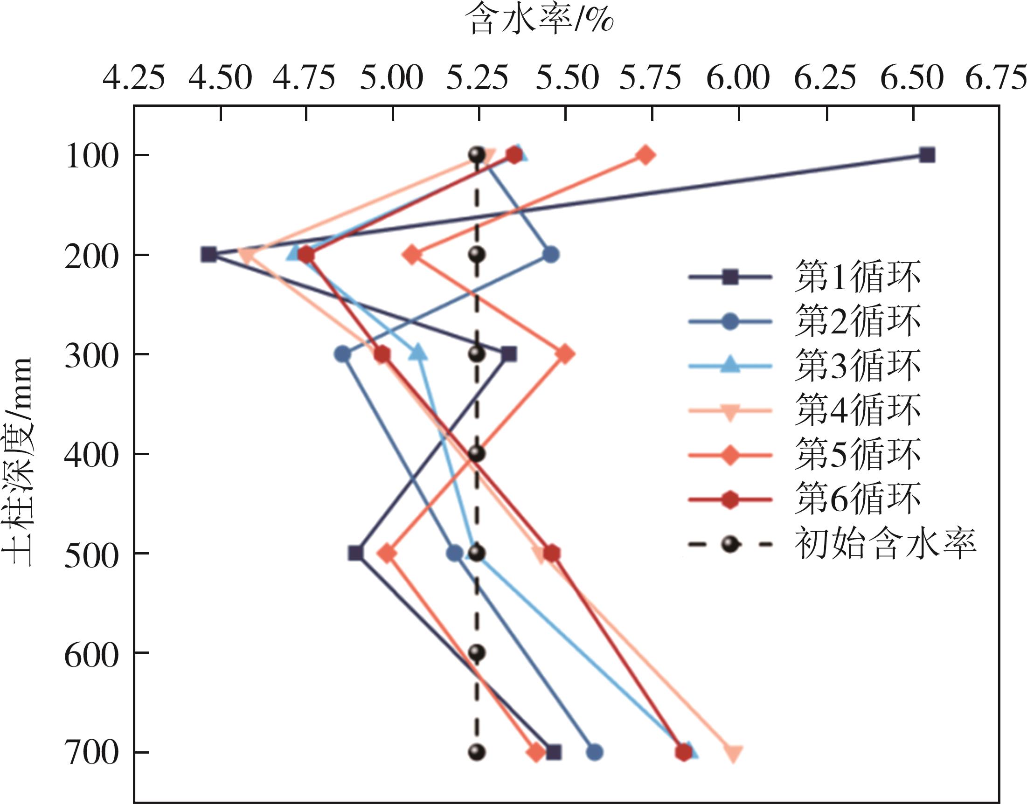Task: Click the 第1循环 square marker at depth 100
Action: [x=927, y=155]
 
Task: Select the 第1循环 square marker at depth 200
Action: [x=209, y=255]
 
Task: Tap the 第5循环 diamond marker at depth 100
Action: [x=646, y=155]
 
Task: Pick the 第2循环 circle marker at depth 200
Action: [x=551, y=255]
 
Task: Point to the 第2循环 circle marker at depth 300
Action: [x=343, y=354]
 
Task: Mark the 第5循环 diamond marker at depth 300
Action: [x=565, y=354]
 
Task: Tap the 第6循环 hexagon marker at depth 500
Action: [x=552, y=554]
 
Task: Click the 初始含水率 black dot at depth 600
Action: [x=477, y=653]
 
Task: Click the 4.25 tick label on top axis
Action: [x=134, y=78]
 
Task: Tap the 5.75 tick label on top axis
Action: [x=651, y=78]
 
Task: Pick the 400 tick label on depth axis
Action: [x=90, y=455]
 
